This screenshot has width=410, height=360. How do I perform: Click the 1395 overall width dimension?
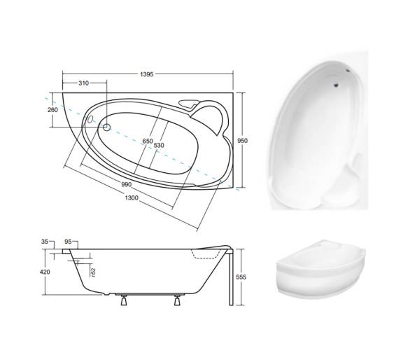[146, 74]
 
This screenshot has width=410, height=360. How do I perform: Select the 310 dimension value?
[83, 83]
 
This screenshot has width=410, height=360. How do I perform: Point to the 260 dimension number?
[52, 110]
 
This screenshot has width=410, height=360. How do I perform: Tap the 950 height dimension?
[242, 141]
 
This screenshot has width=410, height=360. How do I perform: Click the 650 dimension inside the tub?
[148, 141]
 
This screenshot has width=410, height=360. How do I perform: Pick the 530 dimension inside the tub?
[159, 145]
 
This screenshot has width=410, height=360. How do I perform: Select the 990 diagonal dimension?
[127, 184]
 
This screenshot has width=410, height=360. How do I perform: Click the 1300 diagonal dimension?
[132, 198]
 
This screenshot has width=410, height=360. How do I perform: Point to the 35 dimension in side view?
[45, 242]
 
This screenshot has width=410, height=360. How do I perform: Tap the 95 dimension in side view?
[68, 242]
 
